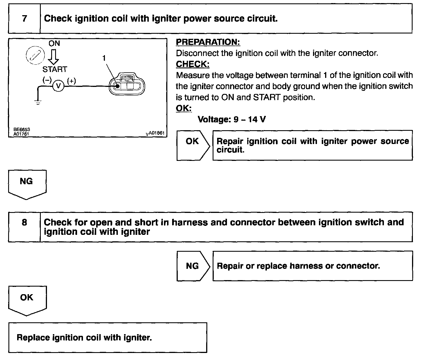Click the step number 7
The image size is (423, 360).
pos(24,19)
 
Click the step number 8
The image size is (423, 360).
pos(24,222)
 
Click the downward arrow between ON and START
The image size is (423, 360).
pos(53,57)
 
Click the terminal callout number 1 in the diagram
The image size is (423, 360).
pos(104,58)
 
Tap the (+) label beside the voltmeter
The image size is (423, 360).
pos(71,81)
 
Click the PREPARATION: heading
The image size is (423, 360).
pos(208,42)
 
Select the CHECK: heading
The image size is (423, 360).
pos(193,64)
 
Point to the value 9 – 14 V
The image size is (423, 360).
pos(249,120)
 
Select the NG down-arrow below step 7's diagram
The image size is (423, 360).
pos(27,184)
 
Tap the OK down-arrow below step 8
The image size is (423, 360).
pos(27,300)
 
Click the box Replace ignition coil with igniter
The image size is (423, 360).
pos(107,337)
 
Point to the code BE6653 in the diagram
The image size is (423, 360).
pos(22,129)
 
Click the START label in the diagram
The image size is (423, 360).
pos(55,69)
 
